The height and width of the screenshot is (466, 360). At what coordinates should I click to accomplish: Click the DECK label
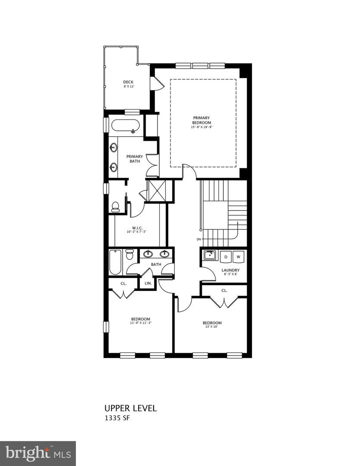click(x=128, y=82)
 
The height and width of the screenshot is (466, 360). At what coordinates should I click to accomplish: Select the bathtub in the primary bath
click(x=126, y=126)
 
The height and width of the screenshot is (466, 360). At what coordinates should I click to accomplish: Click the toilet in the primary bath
click(x=115, y=208)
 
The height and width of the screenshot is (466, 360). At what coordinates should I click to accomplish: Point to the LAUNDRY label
click(x=231, y=271)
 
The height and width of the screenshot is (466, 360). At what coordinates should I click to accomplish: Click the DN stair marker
click(x=199, y=239)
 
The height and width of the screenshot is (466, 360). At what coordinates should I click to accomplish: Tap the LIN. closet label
click(x=148, y=283)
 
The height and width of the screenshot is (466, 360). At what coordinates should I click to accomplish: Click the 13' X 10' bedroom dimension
click(x=212, y=327)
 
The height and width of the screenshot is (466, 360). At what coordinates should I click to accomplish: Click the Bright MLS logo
click(x=38, y=453)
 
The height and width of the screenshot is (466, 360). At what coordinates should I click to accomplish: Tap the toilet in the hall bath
click(x=129, y=255)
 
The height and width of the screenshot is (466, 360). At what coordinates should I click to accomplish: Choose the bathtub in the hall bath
click(x=115, y=262)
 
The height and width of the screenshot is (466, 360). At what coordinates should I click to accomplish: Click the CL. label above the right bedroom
click(x=224, y=290)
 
